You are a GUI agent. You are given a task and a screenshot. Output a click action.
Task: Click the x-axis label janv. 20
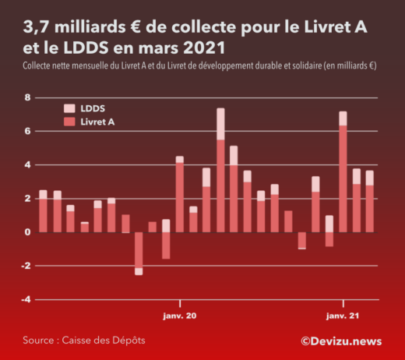(x=180, y=316)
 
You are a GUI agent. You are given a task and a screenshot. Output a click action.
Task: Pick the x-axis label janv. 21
(x=343, y=316)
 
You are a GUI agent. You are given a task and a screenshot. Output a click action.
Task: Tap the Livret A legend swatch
(x=69, y=122)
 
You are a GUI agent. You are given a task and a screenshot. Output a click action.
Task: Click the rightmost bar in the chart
(x=370, y=203)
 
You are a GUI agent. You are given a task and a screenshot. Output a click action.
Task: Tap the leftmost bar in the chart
(x=43, y=211)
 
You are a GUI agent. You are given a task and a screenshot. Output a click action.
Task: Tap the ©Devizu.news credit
(x=341, y=341)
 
